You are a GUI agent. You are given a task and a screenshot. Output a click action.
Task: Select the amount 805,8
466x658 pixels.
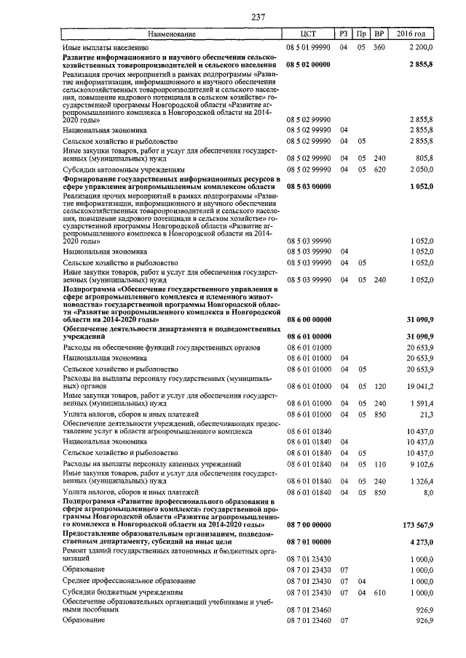(422, 157)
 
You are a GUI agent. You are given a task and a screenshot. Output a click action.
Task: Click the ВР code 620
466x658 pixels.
(379, 169)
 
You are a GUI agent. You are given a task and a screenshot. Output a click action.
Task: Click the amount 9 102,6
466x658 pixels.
(420, 463)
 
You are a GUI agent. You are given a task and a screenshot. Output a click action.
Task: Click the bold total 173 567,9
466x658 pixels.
(417, 524)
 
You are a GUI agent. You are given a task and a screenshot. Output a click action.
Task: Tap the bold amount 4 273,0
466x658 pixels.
(420, 542)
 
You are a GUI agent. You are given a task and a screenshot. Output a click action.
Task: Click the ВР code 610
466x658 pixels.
(379, 593)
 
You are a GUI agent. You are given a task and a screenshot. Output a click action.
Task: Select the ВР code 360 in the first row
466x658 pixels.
(379, 47)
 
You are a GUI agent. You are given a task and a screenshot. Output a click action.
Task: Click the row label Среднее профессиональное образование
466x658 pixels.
(129, 581)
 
